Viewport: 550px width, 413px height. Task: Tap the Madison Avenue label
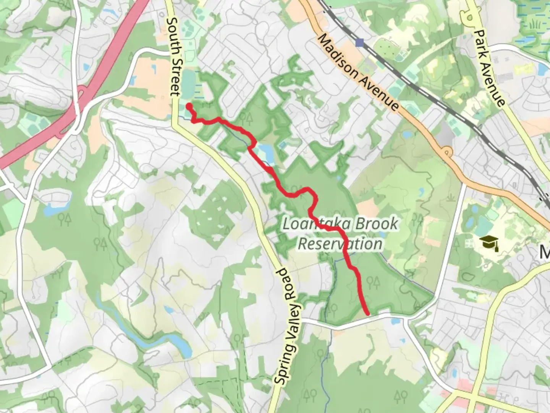point(358,72)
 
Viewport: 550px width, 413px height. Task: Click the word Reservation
point(340,244)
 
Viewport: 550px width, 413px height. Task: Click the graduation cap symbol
point(489,242)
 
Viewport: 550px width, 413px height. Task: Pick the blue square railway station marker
point(359,42)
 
